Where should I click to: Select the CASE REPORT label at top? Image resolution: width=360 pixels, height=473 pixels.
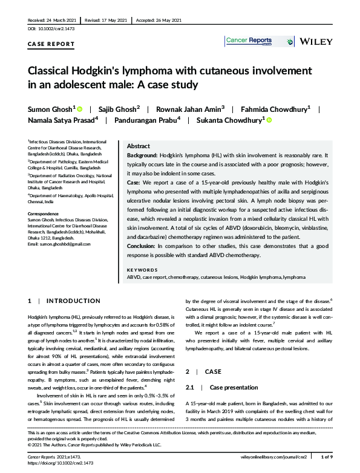click(51, 44)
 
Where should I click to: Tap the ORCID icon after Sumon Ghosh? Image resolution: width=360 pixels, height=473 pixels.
click(79, 108)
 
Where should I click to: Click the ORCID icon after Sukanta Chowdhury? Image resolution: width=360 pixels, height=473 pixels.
click(269, 120)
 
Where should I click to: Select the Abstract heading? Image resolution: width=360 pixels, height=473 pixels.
click(139, 146)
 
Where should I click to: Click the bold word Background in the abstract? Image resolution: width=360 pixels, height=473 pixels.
click(143, 156)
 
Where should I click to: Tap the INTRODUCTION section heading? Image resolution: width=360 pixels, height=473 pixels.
click(74, 301)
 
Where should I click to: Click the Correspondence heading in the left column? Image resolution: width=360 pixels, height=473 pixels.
click(45, 214)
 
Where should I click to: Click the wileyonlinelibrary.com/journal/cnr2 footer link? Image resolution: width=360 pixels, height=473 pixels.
click(280, 458)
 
